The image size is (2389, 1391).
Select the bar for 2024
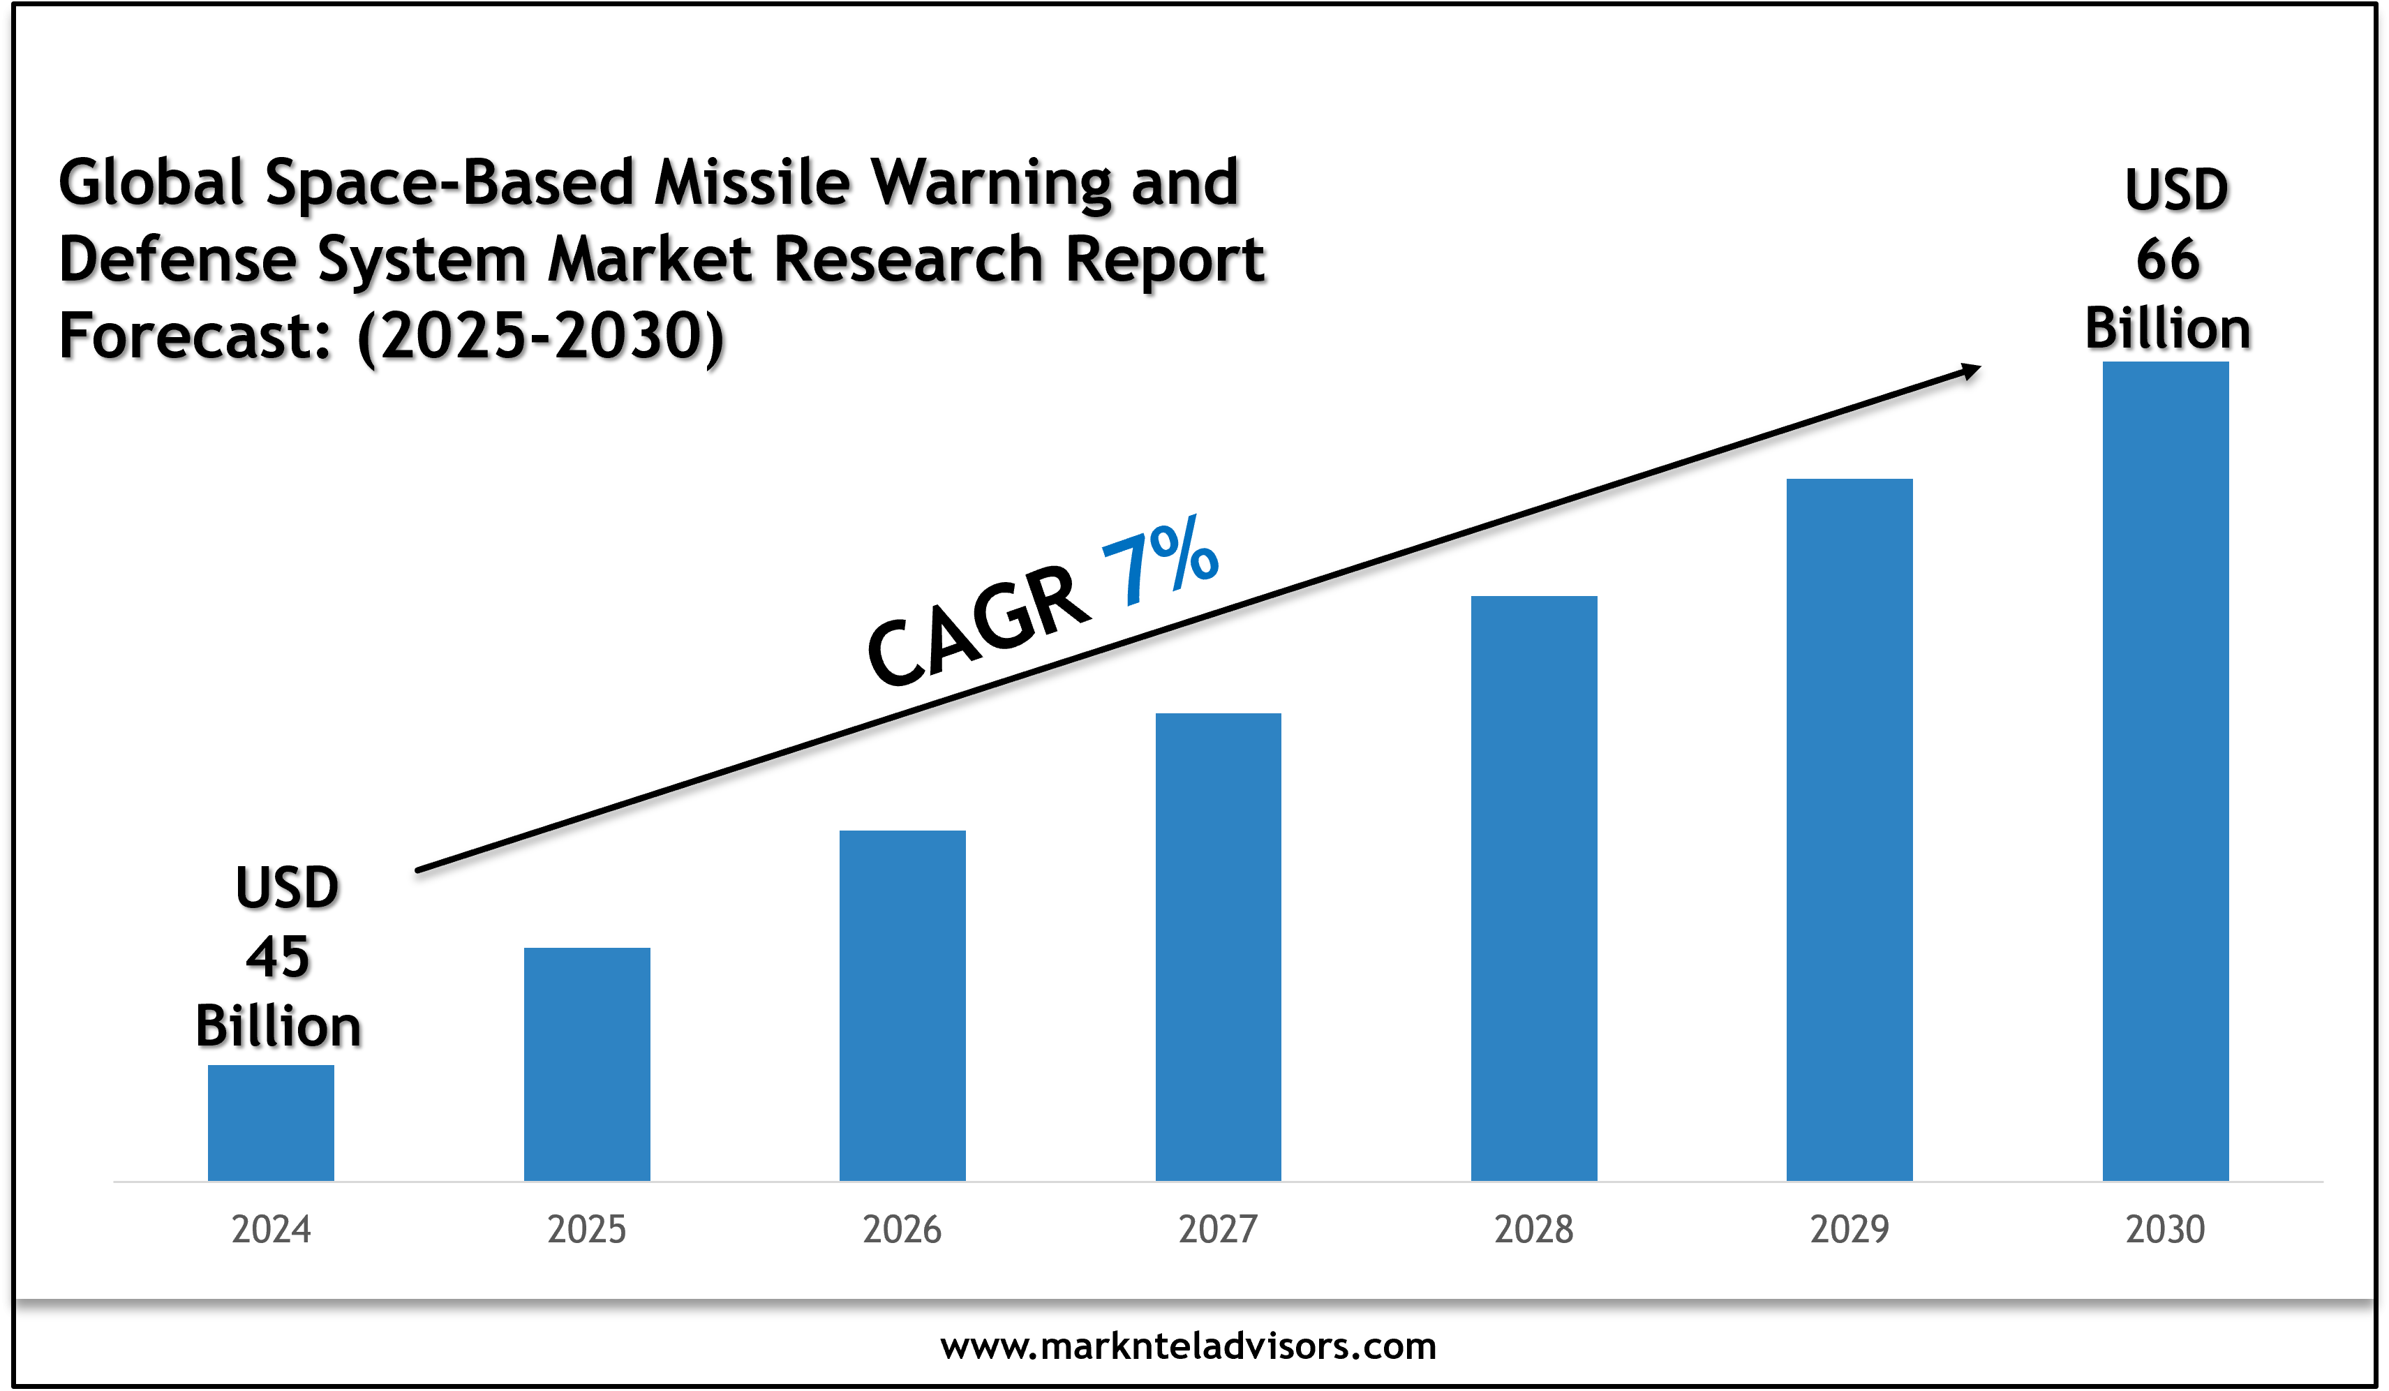(x=271, y=1123)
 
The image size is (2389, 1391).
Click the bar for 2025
(x=587, y=1064)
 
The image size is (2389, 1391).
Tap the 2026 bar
(x=902, y=1005)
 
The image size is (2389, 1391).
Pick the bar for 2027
(x=1218, y=946)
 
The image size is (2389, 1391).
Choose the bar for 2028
(x=1534, y=888)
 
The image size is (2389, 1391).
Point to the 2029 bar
(x=1850, y=830)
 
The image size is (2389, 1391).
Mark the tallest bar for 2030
(x=2165, y=771)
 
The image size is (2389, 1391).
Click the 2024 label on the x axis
(x=271, y=1230)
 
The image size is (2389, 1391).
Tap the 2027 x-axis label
(x=1218, y=1230)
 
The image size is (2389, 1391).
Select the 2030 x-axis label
(x=2165, y=1230)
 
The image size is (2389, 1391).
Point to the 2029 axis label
(x=1850, y=1230)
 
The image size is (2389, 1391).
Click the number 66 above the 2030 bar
(x=2168, y=259)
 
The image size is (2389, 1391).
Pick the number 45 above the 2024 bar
(x=278, y=957)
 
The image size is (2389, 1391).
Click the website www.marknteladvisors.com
(x=1188, y=1346)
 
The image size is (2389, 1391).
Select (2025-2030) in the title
(x=540, y=336)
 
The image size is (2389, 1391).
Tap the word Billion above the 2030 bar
(x=2168, y=329)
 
